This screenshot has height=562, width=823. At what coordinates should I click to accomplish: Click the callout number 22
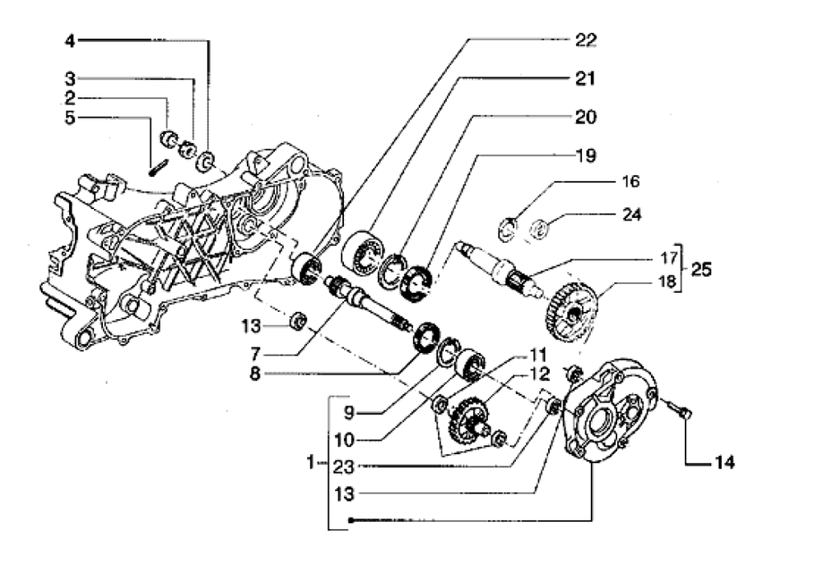click(585, 40)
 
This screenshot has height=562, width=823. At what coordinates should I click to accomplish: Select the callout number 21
click(585, 79)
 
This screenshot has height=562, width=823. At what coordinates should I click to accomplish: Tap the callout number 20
click(585, 118)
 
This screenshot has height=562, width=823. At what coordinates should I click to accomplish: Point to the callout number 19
click(585, 155)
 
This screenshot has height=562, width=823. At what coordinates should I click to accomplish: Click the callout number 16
click(630, 181)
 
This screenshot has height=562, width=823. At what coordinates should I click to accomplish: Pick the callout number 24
click(630, 216)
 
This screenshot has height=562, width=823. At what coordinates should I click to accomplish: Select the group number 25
click(702, 269)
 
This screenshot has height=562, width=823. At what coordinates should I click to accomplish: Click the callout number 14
click(724, 462)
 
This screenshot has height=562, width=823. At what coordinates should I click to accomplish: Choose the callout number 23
click(344, 465)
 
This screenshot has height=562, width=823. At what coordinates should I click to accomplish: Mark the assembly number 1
click(311, 464)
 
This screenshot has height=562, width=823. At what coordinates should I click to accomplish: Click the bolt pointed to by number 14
click(680, 408)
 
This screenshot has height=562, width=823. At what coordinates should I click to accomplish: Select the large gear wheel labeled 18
click(573, 310)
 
